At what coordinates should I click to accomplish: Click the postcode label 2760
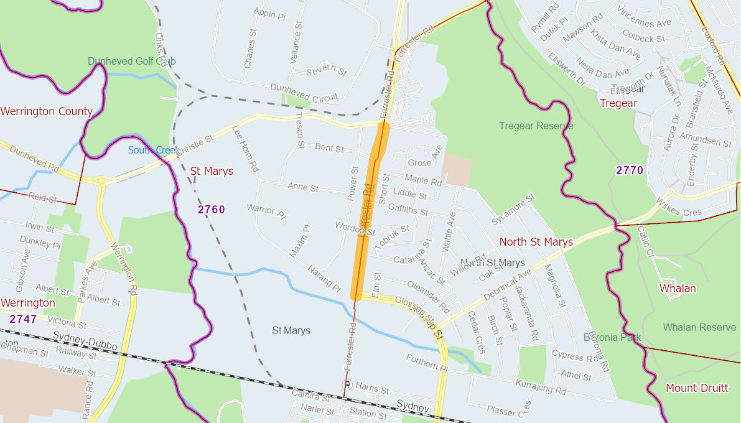(212, 210)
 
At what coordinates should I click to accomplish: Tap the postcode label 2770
(629, 170)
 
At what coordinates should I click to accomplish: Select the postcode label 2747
(23, 319)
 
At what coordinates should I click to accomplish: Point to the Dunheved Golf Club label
(131, 61)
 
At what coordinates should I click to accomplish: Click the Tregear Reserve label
(536, 126)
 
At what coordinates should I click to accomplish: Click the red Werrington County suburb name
(47, 111)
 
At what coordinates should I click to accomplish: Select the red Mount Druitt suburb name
(696, 388)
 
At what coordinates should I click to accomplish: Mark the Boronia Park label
(612, 337)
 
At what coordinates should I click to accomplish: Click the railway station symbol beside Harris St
(348, 384)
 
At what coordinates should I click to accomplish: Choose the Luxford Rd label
(712, 33)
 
